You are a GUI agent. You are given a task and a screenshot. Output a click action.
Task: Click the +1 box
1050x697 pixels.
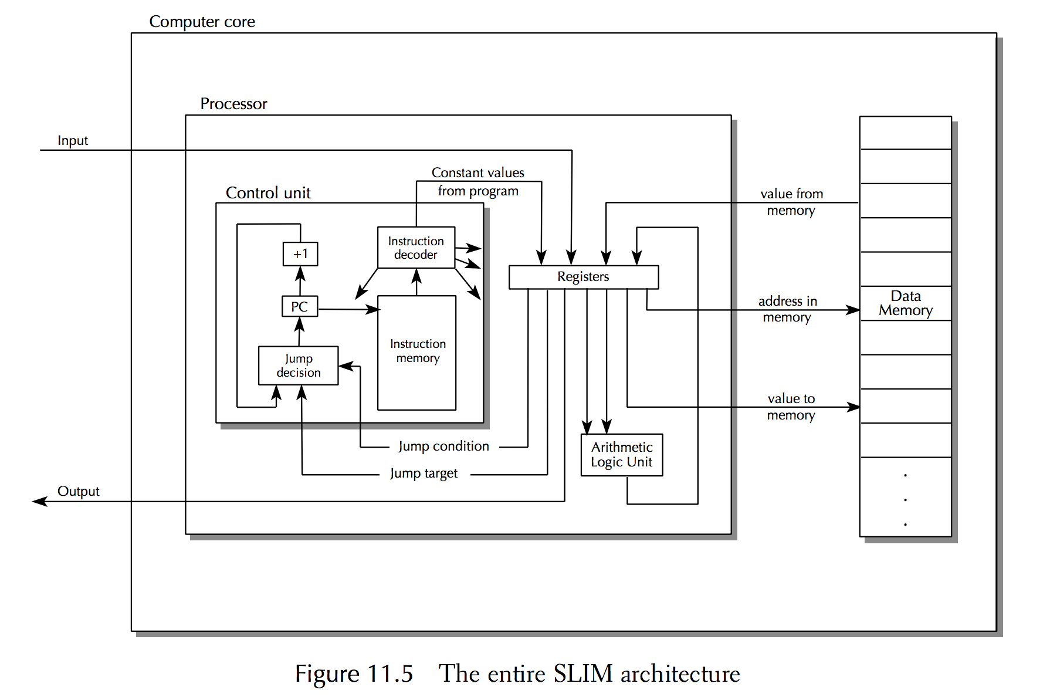300,254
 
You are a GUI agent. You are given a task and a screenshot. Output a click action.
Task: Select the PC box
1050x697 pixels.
300,306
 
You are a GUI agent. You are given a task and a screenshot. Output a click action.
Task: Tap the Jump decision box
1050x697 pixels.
299,366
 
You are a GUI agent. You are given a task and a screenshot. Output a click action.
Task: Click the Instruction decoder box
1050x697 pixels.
416,248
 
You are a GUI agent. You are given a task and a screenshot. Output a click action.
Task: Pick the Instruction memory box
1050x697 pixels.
417,352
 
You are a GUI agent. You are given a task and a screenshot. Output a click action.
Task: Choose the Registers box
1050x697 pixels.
583,277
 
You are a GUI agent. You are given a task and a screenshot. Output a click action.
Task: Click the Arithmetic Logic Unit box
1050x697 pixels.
622,455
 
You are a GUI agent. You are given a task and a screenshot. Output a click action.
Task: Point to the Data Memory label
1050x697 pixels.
906,303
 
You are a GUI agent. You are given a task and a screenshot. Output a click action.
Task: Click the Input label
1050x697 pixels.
73,141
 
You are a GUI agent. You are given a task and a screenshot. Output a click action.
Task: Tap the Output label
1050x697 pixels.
78,491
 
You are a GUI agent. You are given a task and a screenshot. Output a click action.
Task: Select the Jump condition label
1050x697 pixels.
443,446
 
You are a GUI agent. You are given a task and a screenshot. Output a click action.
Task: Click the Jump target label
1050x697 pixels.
424,473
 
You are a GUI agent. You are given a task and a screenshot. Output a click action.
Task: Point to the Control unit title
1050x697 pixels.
268,193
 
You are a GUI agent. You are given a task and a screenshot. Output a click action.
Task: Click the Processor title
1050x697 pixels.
233,104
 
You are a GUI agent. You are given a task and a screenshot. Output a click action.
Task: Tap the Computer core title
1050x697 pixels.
202,22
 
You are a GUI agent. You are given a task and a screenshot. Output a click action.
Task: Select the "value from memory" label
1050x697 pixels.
791,202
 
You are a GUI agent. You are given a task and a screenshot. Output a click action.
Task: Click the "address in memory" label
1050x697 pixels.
787,309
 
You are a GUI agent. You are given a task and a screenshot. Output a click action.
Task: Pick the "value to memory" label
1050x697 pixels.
791,407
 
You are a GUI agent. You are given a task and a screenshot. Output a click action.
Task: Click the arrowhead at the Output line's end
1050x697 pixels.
39,502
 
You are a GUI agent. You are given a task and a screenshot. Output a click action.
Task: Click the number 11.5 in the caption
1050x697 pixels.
390,674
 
